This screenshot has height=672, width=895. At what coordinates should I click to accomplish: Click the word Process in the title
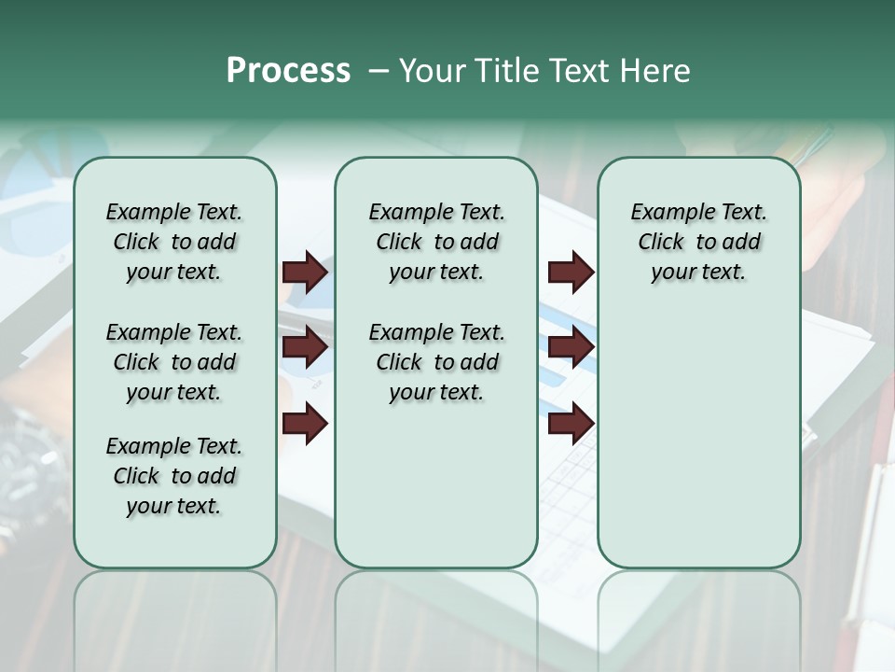click(288, 71)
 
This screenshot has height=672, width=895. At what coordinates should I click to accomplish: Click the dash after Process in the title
click(379, 72)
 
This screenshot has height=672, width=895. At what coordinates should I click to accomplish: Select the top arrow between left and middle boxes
click(305, 273)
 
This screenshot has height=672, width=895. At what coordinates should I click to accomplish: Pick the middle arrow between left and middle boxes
click(305, 348)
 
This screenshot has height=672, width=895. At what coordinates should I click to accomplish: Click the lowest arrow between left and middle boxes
click(305, 424)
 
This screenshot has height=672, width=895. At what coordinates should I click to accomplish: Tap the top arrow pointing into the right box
click(571, 273)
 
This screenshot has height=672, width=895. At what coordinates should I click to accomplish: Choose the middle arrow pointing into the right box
click(571, 348)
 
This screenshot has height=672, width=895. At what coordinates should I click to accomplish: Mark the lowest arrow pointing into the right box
click(571, 424)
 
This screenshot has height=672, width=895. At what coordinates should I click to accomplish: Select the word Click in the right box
click(661, 242)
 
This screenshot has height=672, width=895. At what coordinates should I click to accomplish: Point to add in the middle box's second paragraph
click(479, 362)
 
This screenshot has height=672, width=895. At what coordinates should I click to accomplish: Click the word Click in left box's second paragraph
click(136, 362)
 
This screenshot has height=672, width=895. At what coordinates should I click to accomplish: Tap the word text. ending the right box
click(723, 272)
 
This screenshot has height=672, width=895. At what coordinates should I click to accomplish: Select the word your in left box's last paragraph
click(148, 506)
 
